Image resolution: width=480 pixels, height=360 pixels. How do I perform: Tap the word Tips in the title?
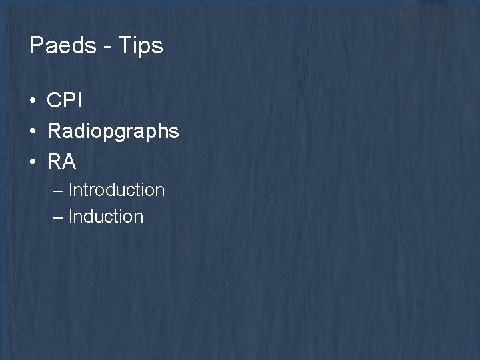(139, 46)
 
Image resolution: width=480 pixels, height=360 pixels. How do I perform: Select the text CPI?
(65, 101)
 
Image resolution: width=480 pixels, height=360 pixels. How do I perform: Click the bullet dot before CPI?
(33, 101)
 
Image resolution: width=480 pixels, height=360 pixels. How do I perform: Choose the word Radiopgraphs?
(113, 131)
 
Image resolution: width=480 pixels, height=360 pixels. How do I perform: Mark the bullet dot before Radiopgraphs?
(33, 131)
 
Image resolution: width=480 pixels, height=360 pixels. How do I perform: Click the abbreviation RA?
(62, 161)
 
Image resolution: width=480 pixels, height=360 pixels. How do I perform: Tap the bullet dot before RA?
(33, 161)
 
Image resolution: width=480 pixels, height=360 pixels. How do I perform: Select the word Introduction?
(117, 190)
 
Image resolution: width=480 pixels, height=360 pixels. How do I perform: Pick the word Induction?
(106, 217)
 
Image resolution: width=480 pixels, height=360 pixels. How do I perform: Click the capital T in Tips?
(121, 46)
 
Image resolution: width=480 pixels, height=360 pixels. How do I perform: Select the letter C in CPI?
(54, 101)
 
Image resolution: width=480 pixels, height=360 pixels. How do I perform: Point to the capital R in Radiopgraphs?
(54, 131)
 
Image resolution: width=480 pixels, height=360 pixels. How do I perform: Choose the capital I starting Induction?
(71, 217)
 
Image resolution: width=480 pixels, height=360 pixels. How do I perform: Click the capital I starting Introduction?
(71, 190)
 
